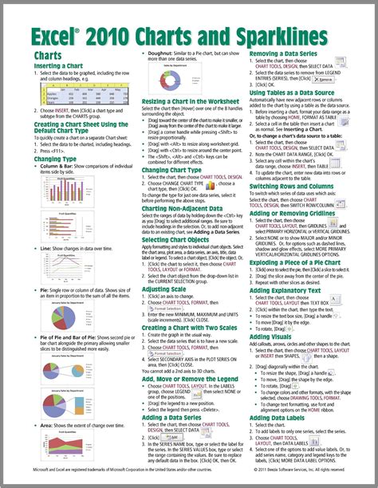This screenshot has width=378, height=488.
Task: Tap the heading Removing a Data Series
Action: tap(285, 53)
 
